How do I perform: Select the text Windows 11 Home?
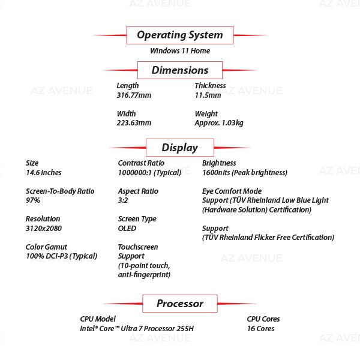(180, 51)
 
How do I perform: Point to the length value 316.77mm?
(134, 95)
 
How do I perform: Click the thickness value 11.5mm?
(208, 95)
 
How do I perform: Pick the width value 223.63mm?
(134, 123)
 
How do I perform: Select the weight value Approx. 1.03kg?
(219, 123)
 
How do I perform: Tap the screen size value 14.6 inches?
(44, 172)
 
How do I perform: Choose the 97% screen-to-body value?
(33, 200)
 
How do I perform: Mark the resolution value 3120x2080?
(44, 228)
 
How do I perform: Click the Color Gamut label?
(46, 247)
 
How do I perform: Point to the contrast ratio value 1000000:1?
(134, 172)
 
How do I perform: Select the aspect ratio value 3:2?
(123, 200)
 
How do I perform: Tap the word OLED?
(127, 228)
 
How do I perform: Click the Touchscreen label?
(138, 247)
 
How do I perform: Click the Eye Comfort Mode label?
(232, 191)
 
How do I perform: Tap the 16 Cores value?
(261, 329)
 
